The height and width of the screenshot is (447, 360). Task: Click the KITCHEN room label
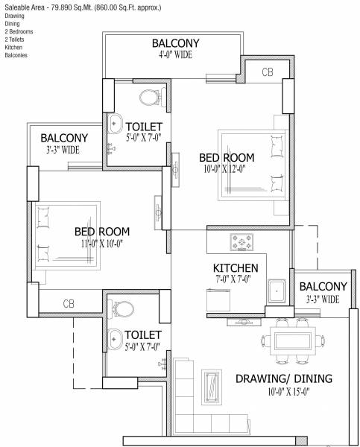[x=236, y=268]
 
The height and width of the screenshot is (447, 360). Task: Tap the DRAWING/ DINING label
[x=284, y=379]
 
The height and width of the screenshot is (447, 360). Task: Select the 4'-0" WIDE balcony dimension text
[x=174, y=54]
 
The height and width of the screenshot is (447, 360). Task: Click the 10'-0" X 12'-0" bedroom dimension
[x=227, y=169]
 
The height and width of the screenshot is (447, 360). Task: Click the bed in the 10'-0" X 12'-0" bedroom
[x=250, y=165]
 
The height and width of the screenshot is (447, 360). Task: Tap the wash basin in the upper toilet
[x=116, y=123]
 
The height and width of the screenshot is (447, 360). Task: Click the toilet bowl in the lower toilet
[x=124, y=308]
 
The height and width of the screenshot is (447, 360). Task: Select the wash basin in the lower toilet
[x=115, y=336]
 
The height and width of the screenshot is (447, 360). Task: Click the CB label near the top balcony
[x=268, y=72]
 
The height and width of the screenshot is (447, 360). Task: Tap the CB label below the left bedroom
[x=68, y=303]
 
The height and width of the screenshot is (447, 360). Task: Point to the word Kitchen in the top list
[x=13, y=47]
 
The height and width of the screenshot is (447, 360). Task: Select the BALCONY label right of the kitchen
[x=322, y=287]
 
